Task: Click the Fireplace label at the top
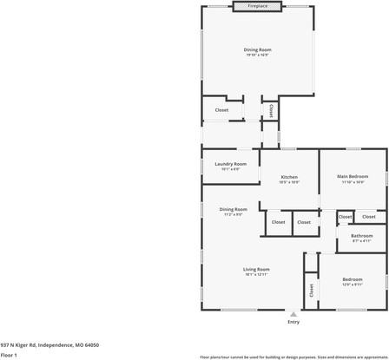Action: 257,6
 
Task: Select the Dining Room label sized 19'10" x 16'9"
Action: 257,49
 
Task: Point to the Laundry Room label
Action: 231,164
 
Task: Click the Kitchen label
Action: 289,177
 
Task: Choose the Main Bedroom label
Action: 352,177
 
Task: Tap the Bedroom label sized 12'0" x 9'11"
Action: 352,279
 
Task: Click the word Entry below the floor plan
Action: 293,323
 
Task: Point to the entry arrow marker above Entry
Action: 293,314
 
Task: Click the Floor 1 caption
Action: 9,355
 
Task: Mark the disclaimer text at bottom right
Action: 293,356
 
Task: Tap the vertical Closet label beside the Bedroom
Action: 310,289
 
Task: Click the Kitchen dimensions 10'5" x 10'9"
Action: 289,182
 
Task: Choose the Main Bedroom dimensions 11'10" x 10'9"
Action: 352,182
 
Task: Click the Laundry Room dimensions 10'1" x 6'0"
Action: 231,169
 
